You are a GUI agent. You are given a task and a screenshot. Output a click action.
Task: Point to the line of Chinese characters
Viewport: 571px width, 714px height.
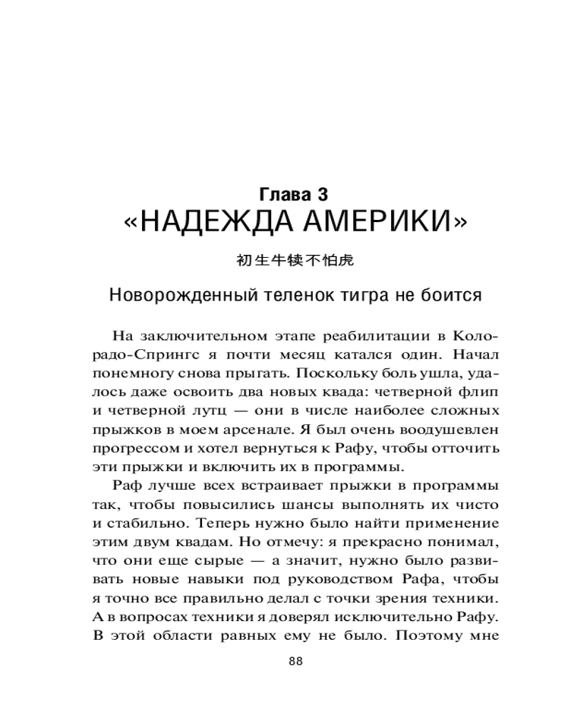(x=295, y=261)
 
